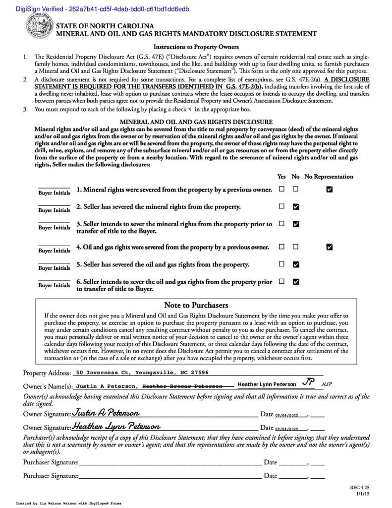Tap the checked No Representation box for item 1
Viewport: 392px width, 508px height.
pyautogui.click(x=330, y=189)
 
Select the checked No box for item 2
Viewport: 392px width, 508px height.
pyautogui.click(x=296, y=206)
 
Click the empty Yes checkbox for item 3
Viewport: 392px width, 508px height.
pyautogui.click(x=281, y=224)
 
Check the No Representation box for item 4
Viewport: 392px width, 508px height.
pyautogui.click(x=330, y=247)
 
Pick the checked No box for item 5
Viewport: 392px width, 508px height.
pyautogui.click(x=296, y=264)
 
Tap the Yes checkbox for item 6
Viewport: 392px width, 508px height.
pyautogui.click(x=281, y=282)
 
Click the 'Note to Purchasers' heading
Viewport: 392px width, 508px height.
pyautogui.click(x=196, y=305)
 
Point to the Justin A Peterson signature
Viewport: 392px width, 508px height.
pyautogui.click(x=106, y=413)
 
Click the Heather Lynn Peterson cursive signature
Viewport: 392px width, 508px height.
pyautogui.click(x=116, y=426)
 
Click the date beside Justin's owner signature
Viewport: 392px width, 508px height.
pyautogui.click(x=286, y=415)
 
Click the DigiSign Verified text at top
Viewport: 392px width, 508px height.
pyautogui.click(x=94, y=9)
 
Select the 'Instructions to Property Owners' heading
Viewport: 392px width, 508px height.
pyautogui.click(x=196, y=47)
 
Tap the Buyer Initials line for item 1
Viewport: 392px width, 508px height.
pyautogui.click(x=54, y=189)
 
